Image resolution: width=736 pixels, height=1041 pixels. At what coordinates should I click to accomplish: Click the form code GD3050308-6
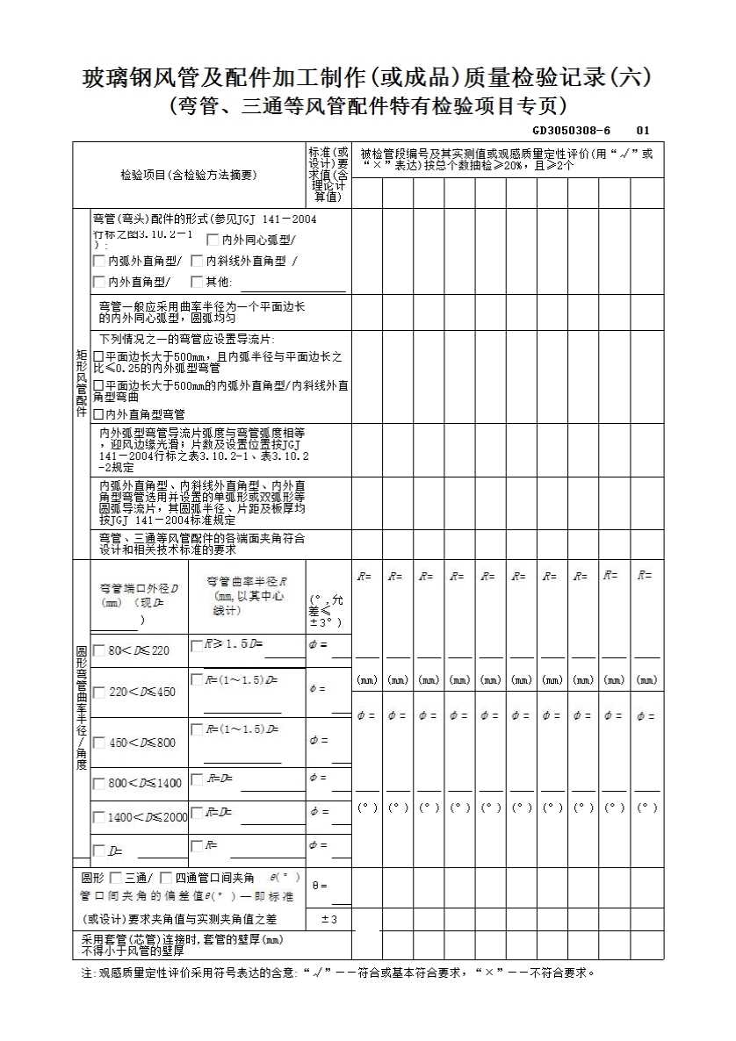point(570,131)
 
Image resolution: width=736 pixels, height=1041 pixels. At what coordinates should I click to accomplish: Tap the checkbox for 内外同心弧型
point(213,240)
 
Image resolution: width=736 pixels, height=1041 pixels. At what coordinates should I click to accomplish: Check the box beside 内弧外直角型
point(99,261)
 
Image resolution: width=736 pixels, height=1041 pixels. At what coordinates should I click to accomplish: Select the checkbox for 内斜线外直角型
point(197,261)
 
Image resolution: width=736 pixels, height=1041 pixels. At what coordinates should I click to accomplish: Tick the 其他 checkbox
point(197,282)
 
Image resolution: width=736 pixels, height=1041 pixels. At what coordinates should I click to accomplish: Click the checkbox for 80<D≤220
point(98,650)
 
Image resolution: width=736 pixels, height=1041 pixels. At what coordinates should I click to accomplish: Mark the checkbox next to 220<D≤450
point(98,692)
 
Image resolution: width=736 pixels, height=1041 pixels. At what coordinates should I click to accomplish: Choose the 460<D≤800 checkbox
point(98,743)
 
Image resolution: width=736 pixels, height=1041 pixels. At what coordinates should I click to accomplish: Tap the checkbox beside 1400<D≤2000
point(98,817)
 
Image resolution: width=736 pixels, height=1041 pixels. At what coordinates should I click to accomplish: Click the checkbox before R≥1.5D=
point(196,645)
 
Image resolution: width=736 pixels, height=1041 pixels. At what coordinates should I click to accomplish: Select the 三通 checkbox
point(117,878)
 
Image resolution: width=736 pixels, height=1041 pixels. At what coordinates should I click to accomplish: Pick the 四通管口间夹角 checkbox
point(166,878)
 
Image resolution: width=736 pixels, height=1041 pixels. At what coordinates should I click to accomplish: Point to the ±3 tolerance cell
point(329,919)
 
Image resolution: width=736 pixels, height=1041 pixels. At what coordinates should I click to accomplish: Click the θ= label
point(320,886)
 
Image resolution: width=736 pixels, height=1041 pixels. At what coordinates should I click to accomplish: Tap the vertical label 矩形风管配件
point(81,383)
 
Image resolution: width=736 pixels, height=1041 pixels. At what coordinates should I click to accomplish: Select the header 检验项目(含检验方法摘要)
point(189,175)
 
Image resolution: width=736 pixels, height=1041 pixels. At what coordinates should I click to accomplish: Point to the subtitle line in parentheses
point(367,106)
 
